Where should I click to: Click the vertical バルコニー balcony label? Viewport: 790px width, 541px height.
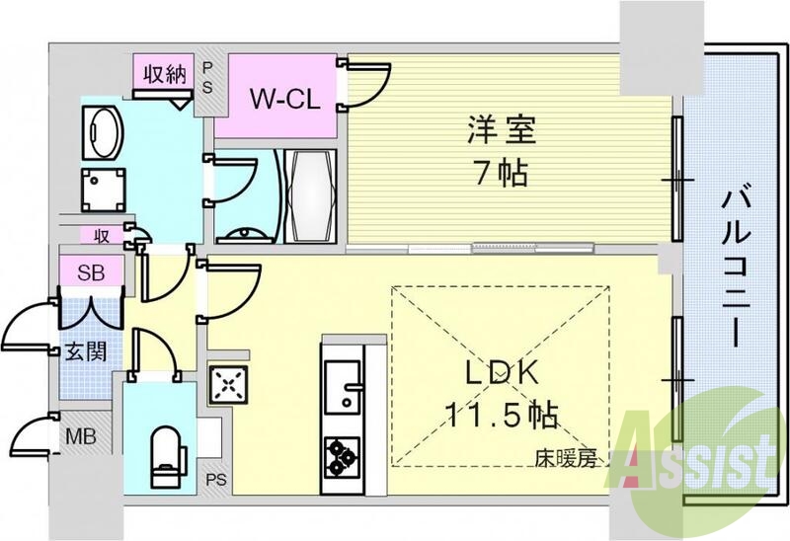[x=735, y=267]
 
